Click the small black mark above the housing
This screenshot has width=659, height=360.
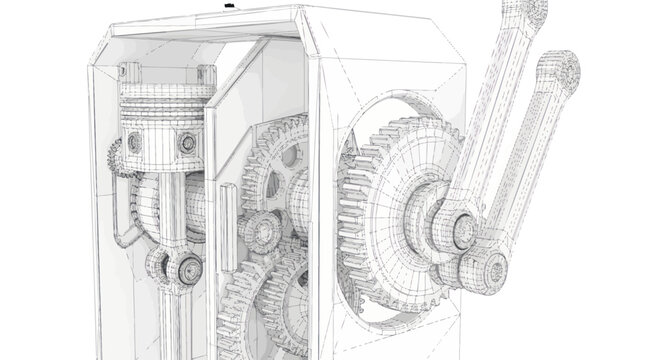coord(229,7)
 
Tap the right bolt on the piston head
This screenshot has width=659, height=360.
coord(187,144)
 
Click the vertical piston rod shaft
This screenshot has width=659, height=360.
coord(170,215)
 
